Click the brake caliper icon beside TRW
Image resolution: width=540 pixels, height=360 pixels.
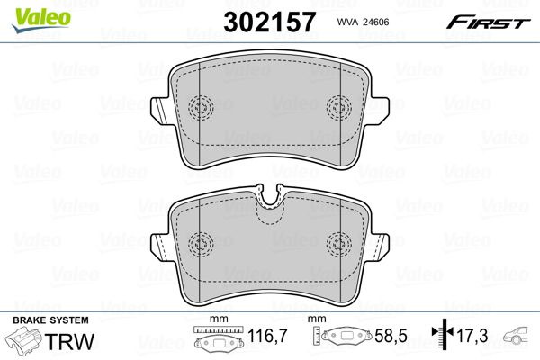point(24,344)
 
